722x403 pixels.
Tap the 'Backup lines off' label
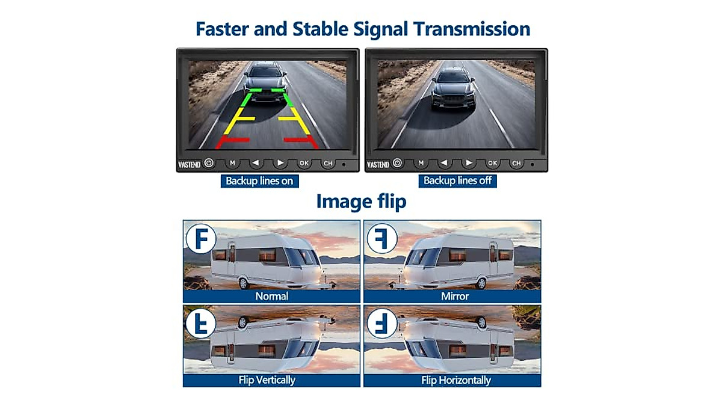click(457, 180)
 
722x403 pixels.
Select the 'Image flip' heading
click(361, 202)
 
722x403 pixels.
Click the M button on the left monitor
click(232, 163)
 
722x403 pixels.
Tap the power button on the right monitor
click(397, 163)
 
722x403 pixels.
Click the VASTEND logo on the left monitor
click(190, 164)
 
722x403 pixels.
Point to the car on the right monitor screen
click(452, 89)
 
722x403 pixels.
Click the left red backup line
click(233, 140)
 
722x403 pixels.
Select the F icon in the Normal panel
click(201, 238)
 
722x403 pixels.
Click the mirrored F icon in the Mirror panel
click(382, 238)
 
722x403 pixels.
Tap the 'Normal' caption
click(272, 296)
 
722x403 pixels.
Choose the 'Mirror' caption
click(455, 296)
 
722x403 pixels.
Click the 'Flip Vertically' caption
click(267, 380)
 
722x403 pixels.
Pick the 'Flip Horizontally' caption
click(456, 380)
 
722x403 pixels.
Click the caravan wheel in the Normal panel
click(244, 283)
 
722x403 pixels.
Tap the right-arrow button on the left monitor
click(280, 163)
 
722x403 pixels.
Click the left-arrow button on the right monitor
click(445, 163)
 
